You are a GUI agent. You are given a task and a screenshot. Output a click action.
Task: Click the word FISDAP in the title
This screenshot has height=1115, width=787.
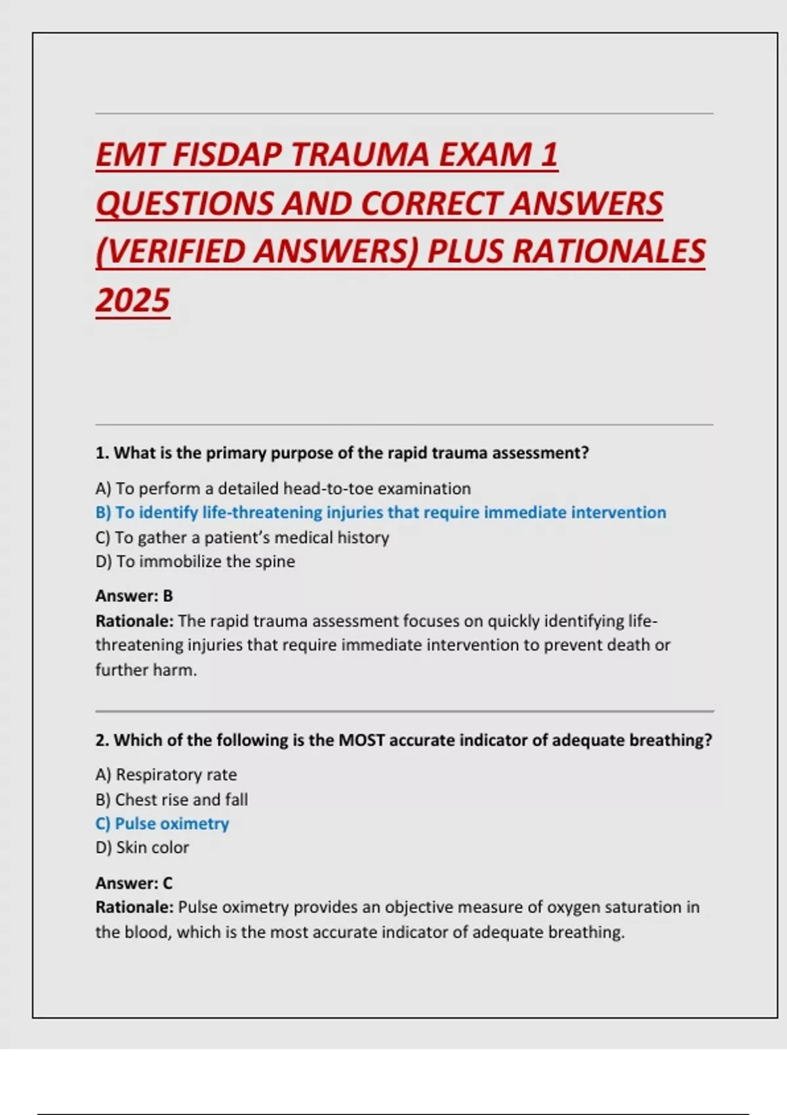point(226,155)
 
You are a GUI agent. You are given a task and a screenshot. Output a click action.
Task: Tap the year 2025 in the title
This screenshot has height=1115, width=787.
point(133,301)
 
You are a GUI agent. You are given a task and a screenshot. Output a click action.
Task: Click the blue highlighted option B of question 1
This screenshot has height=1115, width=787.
point(380,512)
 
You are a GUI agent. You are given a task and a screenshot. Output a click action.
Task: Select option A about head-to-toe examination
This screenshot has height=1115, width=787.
point(283,489)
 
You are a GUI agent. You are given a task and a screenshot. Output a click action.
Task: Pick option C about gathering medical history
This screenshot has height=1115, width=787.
point(242,537)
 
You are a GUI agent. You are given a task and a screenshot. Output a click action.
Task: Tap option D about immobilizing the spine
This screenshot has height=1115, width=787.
point(195,561)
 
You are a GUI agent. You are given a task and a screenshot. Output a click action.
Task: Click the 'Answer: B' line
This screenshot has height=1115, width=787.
point(134,596)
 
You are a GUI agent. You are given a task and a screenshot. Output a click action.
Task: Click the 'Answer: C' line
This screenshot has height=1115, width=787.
point(134,883)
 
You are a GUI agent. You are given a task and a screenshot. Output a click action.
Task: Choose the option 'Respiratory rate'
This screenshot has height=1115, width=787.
point(166,775)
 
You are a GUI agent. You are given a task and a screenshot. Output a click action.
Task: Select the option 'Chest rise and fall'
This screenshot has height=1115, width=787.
point(171,800)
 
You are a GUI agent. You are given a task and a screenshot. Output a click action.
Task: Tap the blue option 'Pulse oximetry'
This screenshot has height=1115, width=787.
point(162,824)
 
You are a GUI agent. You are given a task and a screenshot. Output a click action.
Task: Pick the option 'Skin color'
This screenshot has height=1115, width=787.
point(142,847)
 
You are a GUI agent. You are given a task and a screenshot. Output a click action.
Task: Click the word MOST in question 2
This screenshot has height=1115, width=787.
point(361,740)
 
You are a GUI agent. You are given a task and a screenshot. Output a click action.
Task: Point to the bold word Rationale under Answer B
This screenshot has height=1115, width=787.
point(134,620)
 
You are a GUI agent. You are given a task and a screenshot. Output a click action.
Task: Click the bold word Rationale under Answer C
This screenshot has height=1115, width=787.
point(134,907)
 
